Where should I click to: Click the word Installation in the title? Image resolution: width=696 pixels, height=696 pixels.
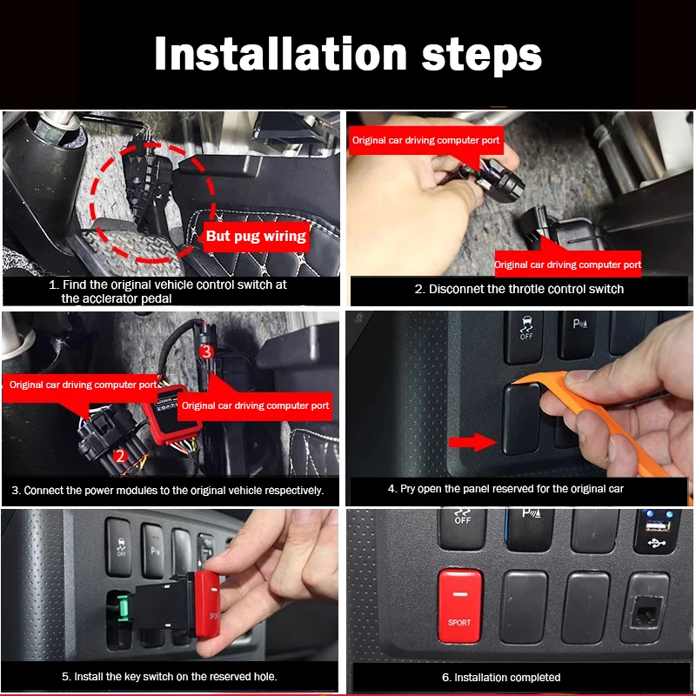(280, 53)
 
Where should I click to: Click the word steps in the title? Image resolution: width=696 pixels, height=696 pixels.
(482, 57)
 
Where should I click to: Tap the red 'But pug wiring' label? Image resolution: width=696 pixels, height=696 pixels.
(256, 236)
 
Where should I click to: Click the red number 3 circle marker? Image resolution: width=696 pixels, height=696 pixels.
(206, 352)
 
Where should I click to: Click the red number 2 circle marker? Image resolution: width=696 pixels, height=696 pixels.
(120, 456)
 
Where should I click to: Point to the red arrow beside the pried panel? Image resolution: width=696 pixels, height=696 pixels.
(472, 442)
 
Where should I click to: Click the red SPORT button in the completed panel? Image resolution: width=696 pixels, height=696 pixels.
(460, 606)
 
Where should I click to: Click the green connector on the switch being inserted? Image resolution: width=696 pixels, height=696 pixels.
(123, 606)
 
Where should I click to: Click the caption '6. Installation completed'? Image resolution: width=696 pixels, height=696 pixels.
(501, 678)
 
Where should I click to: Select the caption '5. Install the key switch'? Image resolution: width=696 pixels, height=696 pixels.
(169, 677)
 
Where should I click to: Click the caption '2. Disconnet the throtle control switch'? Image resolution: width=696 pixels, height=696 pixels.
(519, 289)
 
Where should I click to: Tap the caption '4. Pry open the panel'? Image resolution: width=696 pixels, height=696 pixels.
(505, 489)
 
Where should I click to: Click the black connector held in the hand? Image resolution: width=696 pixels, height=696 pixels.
(502, 180)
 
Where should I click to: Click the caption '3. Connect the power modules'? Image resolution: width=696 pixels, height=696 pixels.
(168, 491)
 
